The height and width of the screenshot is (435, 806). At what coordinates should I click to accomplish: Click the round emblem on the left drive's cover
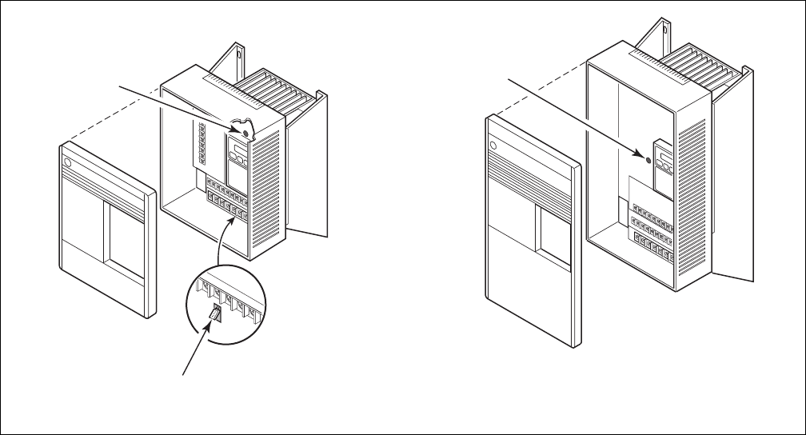tap(67, 162)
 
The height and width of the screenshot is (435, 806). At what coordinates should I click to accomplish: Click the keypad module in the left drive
tap(239, 161)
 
